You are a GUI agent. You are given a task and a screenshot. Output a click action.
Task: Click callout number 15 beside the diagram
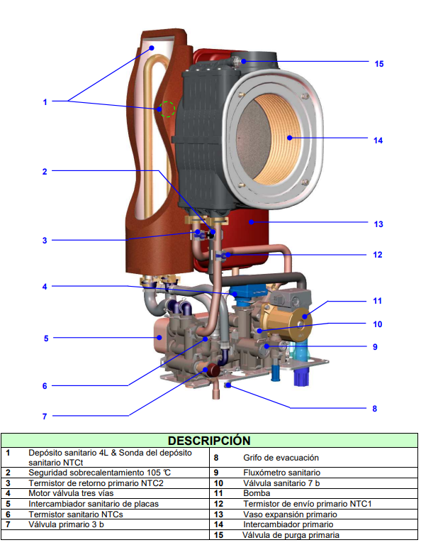tap(379, 64)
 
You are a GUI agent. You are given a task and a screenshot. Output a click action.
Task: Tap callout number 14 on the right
tap(378, 141)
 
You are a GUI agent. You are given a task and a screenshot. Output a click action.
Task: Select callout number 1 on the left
tap(45, 102)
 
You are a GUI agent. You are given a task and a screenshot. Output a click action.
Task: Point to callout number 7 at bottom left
tap(45, 416)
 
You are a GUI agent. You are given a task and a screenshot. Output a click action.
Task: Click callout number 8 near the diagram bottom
tap(374, 409)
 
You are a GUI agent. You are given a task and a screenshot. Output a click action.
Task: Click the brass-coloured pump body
tap(286, 321)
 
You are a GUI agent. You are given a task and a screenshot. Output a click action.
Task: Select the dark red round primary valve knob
tap(213, 370)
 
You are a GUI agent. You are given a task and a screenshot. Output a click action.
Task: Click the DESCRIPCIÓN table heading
tap(209, 441)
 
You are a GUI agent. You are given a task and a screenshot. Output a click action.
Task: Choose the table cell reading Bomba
tap(257, 493)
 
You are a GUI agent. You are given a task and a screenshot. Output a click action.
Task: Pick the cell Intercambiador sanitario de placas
tap(94, 504)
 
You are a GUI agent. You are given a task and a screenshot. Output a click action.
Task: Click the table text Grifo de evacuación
tap(281, 458)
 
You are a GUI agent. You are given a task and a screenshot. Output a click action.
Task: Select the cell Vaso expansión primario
tap(290, 514)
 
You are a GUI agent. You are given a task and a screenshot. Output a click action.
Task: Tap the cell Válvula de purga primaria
tap(291, 535)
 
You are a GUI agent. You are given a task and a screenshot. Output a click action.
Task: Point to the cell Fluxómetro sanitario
tap(282, 473)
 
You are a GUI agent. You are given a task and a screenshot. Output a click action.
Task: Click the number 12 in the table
tap(219, 504)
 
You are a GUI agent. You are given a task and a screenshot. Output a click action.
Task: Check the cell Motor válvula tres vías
tap(71, 493)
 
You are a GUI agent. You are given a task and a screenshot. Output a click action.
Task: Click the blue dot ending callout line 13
tap(251, 221)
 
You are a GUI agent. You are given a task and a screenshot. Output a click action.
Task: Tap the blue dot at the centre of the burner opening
tap(290, 138)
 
